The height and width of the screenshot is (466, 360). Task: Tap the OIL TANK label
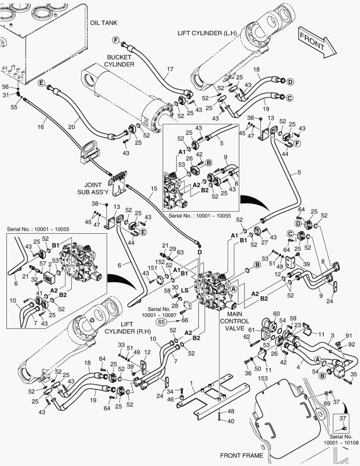pos(103,22)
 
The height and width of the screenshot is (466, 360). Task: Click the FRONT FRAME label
pos(241,455)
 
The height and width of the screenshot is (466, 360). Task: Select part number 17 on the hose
pos(170,69)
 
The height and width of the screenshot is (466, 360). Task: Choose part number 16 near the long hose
pos(41,127)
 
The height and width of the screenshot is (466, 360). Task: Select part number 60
pos(276,313)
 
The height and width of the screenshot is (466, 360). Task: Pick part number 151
pos(152,268)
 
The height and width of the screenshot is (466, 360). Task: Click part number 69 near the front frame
pos(327,403)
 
